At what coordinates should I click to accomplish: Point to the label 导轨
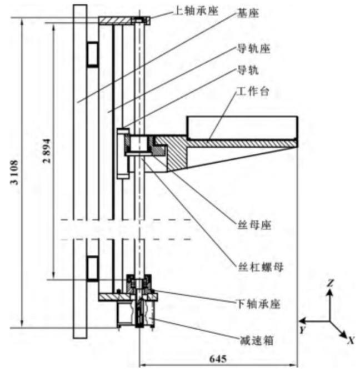(247, 71)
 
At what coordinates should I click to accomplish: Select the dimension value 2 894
(47, 150)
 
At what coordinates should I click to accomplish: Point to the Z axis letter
(330, 283)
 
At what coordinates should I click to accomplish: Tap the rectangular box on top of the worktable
(242, 127)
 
